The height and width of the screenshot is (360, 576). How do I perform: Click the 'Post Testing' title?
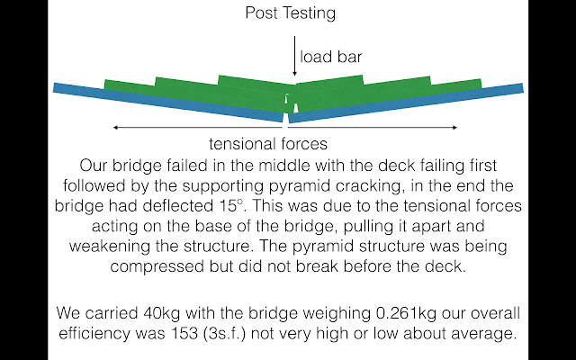click(x=290, y=13)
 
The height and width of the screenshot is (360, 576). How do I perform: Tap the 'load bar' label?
click(x=331, y=57)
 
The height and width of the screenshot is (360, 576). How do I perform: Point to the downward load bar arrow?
click(x=294, y=56)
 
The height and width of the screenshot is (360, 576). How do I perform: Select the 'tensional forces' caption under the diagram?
click(x=268, y=144)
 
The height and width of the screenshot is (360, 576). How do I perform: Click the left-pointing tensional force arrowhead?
click(x=115, y=128)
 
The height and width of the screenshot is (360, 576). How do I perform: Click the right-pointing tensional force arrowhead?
click(x=454, y=128)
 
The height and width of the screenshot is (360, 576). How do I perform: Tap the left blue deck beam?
click(x=168, y=103)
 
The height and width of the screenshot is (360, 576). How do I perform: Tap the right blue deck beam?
click(x=406, y=103)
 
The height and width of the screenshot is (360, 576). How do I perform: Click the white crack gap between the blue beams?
click(x=286, y=118)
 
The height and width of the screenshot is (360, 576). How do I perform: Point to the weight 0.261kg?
click(x=407, y=313)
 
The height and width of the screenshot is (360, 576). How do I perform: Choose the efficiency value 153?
click(x=184, y=334)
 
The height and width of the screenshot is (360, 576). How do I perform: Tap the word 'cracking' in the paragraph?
click(x=369, y=186)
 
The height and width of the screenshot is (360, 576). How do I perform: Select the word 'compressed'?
click(x=157, y=266)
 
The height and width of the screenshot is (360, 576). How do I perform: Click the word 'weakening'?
click(x=110, y=246)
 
